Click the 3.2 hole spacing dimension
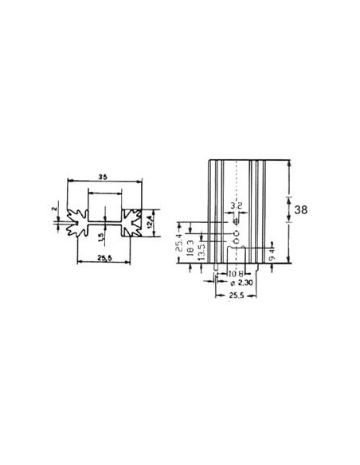tap(235, 205)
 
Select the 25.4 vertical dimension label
tap(178, 238)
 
